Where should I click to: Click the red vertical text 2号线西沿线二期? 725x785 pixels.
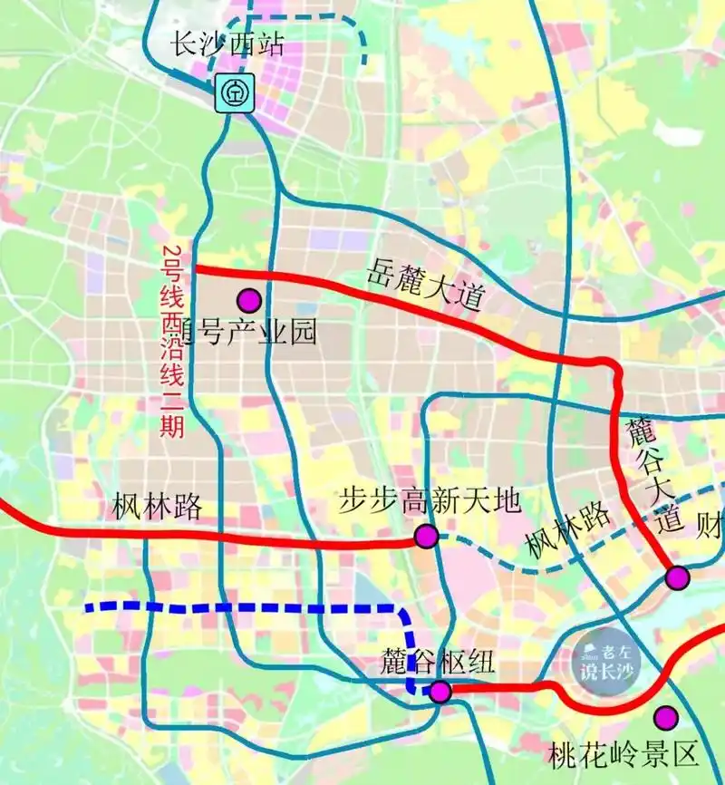coord(171,342)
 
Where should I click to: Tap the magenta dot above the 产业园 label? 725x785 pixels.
coord(247,300)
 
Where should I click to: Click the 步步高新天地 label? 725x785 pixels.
coord(430,499)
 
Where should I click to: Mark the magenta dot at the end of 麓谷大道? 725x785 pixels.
coord(677,577)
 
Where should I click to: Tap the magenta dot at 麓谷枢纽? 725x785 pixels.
coord(440,693)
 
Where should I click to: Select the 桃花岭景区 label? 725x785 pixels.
coord(625,752)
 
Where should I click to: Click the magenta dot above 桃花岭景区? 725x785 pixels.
coord(667,718)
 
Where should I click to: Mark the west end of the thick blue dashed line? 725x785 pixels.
coord(88,607)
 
